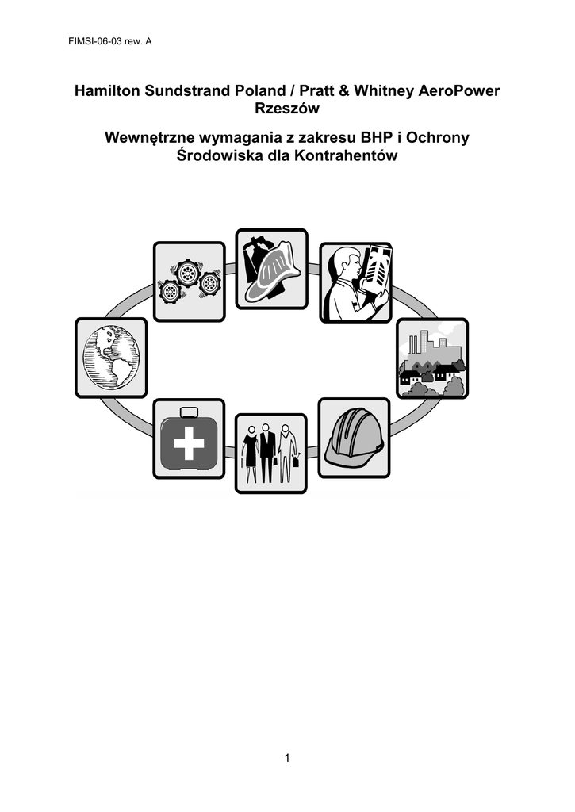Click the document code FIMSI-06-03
point(95,42)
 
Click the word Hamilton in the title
point(108,91)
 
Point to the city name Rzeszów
point(287,109)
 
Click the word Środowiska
point(219,155)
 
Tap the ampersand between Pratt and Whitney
point(343,91)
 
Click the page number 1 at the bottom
point(287,759)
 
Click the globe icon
point(111,358)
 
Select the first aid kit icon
point(189,439)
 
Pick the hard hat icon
point(354,438)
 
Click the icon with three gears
point(189,282)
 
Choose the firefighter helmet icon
point(271,270)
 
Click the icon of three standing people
point(271,453)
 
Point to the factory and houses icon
point(432,358)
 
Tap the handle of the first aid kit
point(189,412)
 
